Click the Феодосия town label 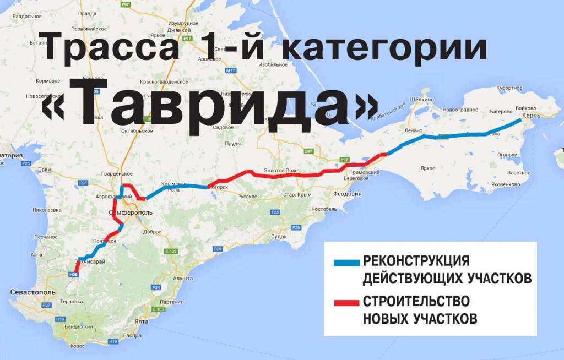pos(345,194)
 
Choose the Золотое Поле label pos(281,171)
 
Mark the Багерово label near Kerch pos(501,112)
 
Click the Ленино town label pos(413,131)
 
